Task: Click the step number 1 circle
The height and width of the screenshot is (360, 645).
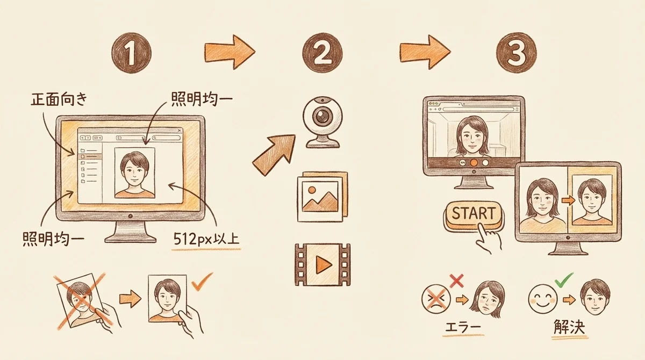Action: pos(132,53)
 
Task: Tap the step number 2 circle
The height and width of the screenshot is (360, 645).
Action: pos(322,53)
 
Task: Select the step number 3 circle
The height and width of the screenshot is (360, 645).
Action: pos(517,53)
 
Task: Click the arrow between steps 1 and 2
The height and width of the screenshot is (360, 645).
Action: pos(230,52)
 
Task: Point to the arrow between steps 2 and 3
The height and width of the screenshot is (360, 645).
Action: pos(425,52)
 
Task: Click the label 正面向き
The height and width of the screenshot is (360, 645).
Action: pos(59,99)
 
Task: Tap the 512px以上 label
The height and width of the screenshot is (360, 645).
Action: pos(206,239)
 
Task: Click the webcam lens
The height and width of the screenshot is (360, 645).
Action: pos(322,116)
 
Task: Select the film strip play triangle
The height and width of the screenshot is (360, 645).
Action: pos(324,264)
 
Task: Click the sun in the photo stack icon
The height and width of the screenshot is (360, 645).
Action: pos(312,190)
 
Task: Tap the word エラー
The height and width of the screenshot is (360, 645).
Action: pos(463,327)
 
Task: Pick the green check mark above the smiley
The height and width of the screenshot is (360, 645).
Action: pos(563,280)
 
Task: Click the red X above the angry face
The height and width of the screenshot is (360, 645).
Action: pos(456,281)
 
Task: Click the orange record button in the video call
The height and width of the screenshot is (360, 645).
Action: pos(474,163)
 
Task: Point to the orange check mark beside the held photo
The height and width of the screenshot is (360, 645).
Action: pos(202,282)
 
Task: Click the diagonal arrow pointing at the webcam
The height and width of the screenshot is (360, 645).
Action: pos(274,155)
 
